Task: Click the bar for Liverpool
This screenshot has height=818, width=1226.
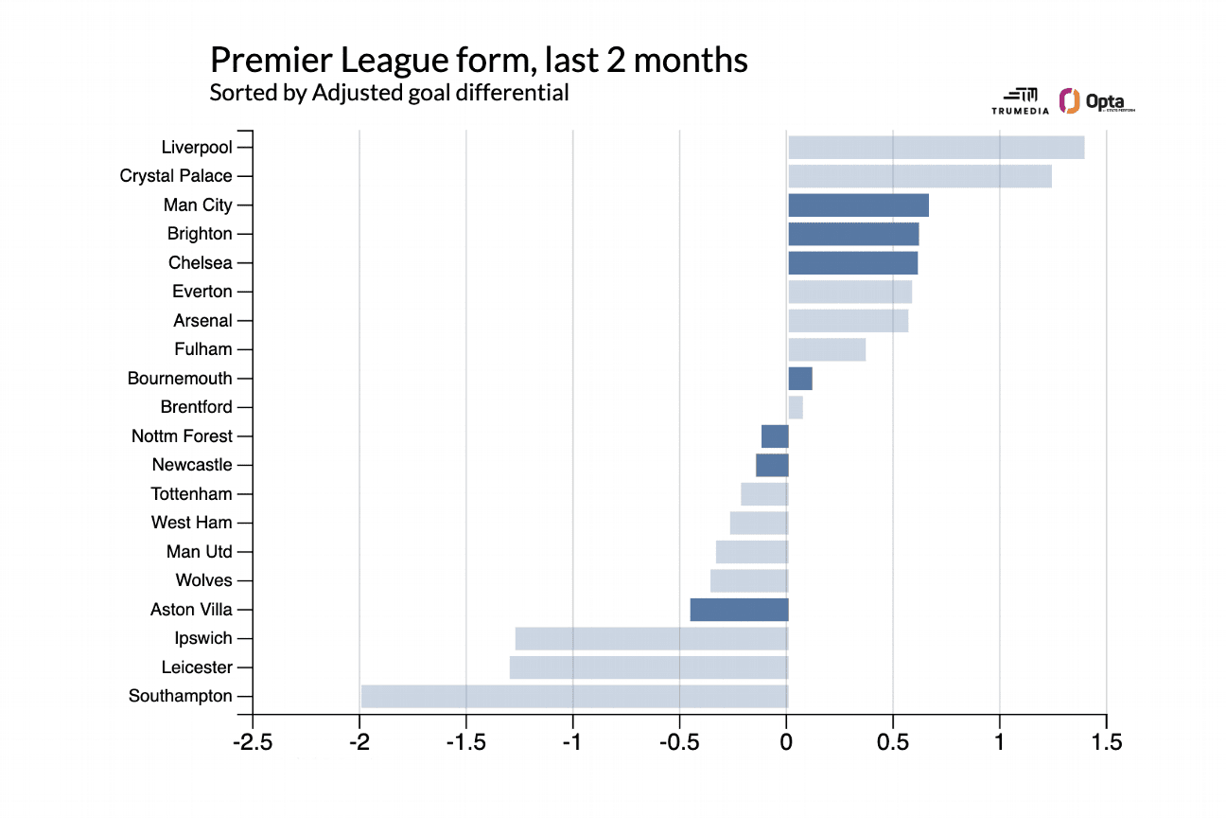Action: click(936, 148)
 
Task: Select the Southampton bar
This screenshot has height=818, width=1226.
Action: click(574, 697)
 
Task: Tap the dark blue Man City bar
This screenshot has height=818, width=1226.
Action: click(858, 205)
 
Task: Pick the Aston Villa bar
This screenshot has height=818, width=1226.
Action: click(739, 610)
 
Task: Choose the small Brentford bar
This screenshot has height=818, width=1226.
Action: click(796, 407)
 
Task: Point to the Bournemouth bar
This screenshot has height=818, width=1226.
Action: click(800, 379)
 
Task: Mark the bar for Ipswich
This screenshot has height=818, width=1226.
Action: click(652, 639)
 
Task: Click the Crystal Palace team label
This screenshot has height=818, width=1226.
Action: click(176, 176)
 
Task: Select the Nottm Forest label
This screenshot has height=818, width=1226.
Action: click(182, 436)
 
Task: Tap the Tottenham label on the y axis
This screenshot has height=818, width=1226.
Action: click(191, 494)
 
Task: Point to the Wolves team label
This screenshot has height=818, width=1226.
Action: click(203, 580)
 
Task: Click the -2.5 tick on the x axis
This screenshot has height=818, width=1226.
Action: click(253, 742)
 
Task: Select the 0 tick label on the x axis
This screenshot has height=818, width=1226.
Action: click(786, 742)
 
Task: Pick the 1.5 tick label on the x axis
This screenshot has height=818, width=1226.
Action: click(1105, 742)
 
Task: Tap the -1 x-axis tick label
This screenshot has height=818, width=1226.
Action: click(572, 742)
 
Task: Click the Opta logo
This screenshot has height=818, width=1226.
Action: click(1097, 101)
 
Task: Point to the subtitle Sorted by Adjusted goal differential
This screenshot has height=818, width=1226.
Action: click(389, 93)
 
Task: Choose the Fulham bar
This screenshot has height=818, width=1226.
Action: click(827, 349)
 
